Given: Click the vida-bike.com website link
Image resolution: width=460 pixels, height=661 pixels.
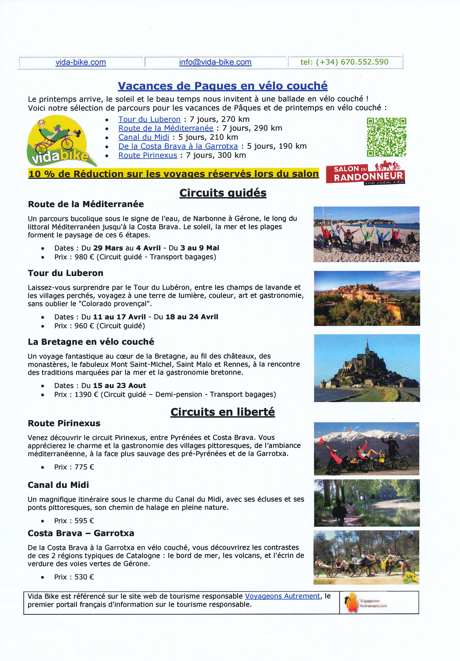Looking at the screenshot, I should (81, 62).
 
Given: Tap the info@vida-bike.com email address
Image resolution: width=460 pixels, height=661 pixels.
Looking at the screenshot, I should (215, 62).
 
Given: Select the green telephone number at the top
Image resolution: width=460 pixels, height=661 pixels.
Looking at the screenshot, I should (344, 62).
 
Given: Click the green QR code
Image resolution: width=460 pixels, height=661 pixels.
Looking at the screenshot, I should (386, 137).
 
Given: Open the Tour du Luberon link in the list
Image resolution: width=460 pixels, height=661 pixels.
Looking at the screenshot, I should (149, 119).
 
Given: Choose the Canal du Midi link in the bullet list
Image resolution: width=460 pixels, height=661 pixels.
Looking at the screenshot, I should (143, 137).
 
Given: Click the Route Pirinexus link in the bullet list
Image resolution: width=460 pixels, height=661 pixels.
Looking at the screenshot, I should (148, 155).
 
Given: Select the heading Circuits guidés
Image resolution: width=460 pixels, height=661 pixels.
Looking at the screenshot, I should (223, 193).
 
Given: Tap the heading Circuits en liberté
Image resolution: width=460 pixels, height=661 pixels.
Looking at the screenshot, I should (223, 412).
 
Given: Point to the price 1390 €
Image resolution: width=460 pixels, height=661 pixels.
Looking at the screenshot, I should (86, 394).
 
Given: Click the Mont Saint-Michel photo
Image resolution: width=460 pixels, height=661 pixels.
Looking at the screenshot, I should (367, 368).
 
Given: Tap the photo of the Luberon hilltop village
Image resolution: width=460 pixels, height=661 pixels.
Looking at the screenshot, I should (367, 298).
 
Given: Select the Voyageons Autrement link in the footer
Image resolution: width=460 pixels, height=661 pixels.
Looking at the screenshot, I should (282, 596).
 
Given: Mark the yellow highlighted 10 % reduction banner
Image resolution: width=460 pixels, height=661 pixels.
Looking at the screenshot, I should (174, 174).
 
